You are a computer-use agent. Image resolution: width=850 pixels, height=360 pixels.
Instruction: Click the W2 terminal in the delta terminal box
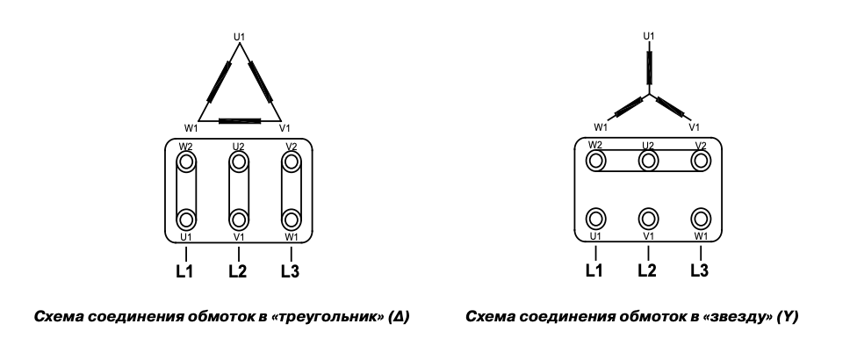[x=186, y=162]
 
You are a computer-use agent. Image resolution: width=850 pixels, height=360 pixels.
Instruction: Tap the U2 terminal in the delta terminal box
[x=238, y=162]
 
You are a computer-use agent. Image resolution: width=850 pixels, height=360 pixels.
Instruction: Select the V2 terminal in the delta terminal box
[x=291, y=162]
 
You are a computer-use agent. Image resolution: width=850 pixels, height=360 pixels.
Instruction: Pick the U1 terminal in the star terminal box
[x=596, y=218]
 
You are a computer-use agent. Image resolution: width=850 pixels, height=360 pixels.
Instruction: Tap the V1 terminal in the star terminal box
[x=648, y=218]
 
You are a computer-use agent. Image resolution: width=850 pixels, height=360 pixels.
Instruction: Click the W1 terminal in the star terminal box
[x=700, y=218]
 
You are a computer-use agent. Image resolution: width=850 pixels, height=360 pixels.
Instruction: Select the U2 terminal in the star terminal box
[x=648, y=161]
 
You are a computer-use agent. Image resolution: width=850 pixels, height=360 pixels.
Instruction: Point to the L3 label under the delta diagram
[x=291, y=270]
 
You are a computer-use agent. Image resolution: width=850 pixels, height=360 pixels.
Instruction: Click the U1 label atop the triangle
[x=239, y=36]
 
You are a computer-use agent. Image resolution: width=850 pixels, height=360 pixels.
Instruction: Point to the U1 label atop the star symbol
[x=649, y=36]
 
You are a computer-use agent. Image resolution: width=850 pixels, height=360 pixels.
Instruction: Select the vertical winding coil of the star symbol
[x=649, y=66]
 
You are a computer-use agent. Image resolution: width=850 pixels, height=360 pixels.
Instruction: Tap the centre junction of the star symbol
[x=649, y=93]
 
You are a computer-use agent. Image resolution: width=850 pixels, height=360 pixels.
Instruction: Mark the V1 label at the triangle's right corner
[x=285, y=127]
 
